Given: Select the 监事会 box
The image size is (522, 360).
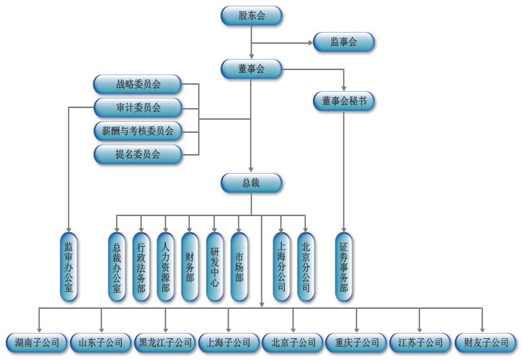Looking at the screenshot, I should pos(343,42).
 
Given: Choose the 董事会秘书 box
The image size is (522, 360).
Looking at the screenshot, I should pos(343,102).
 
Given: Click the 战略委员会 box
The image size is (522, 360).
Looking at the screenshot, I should pos(138,85).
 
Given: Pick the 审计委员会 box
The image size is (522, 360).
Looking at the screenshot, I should pos(138,108).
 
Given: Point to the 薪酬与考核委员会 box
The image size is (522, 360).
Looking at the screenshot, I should pos(138,131).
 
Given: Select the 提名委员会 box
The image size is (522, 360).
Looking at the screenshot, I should pos(138,154).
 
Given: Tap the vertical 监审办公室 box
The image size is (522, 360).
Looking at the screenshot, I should pos(69,267).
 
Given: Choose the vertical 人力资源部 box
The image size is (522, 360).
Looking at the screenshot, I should pos(166,267).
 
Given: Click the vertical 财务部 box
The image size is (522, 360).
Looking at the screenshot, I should pos(190,267).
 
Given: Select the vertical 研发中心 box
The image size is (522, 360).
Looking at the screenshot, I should pos(214,267).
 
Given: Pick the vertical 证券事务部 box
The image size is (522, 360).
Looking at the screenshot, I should pos(343,267).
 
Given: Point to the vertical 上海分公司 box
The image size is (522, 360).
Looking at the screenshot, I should pos(281,267).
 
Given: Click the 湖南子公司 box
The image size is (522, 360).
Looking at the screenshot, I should pos(37,342).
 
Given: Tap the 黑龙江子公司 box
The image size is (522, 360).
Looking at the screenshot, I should pos(165,342).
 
